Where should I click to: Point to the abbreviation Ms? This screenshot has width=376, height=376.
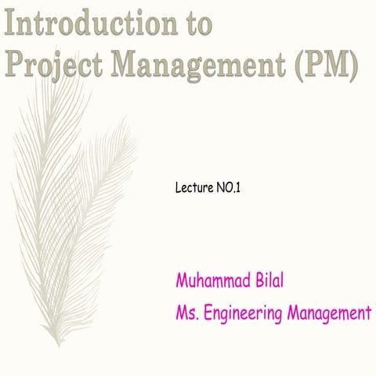tap(188, 314)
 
